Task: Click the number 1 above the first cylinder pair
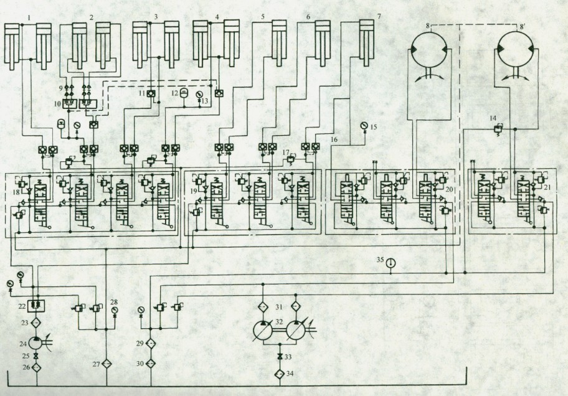click(29, 18)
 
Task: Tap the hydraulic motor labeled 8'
click(518, 53)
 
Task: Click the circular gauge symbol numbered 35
click(390, 263)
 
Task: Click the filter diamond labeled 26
click(37, 367)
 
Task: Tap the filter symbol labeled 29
click(150, 343)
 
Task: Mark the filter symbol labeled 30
click(150, 362)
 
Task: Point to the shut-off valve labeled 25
click(37, 356)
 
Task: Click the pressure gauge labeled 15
click(364, 126)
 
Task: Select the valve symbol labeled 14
click(498, 129)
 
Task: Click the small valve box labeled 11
click(151, 93)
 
